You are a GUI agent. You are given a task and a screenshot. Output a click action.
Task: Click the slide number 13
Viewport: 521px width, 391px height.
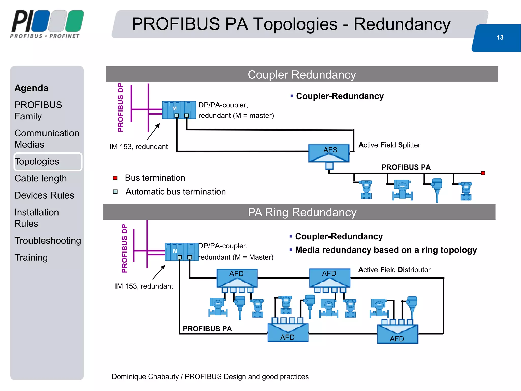click(x=500, y=37)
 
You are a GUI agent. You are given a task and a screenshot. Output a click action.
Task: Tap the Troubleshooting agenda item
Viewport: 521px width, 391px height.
click(x=48, y=240)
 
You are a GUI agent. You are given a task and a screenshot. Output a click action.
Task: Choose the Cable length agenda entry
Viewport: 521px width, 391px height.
click(x=40, y=178)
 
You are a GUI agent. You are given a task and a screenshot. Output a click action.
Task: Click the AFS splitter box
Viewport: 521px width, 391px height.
click(x=329, y=153)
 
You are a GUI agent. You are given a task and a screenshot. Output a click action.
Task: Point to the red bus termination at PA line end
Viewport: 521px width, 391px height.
click(x=483, y=173)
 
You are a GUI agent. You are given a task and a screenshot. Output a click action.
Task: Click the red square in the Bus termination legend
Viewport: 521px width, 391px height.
click(x=115, y=178)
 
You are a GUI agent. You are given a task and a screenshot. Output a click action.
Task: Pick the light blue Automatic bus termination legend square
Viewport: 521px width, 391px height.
click(x=115, y=192)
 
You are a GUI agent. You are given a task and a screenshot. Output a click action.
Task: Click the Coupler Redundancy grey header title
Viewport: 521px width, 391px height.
click(x=302, y=75)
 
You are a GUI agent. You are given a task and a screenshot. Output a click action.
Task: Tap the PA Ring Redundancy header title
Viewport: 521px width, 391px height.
click(x=302, y=212)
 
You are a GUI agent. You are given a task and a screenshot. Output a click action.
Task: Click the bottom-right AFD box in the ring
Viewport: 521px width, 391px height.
click(x=397, y=334)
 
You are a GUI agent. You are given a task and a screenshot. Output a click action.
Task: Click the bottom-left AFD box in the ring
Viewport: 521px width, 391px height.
click(x=288, y=333)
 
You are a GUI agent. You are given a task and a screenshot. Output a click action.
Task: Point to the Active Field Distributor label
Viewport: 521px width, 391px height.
click(x=394, y=270)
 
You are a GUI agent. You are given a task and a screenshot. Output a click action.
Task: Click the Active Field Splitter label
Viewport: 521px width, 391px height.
click(x=389, y=145)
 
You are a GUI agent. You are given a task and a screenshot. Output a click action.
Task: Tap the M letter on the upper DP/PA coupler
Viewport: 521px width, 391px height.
click(x=175, y=109)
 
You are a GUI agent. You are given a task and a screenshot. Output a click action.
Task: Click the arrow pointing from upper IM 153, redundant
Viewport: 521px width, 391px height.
click(x=153, y=132)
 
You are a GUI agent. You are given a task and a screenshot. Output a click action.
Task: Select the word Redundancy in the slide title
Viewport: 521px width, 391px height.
click(x=402, y=24)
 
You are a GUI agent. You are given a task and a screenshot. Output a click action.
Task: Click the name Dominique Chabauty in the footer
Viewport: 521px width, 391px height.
click(x=145, y=376)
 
